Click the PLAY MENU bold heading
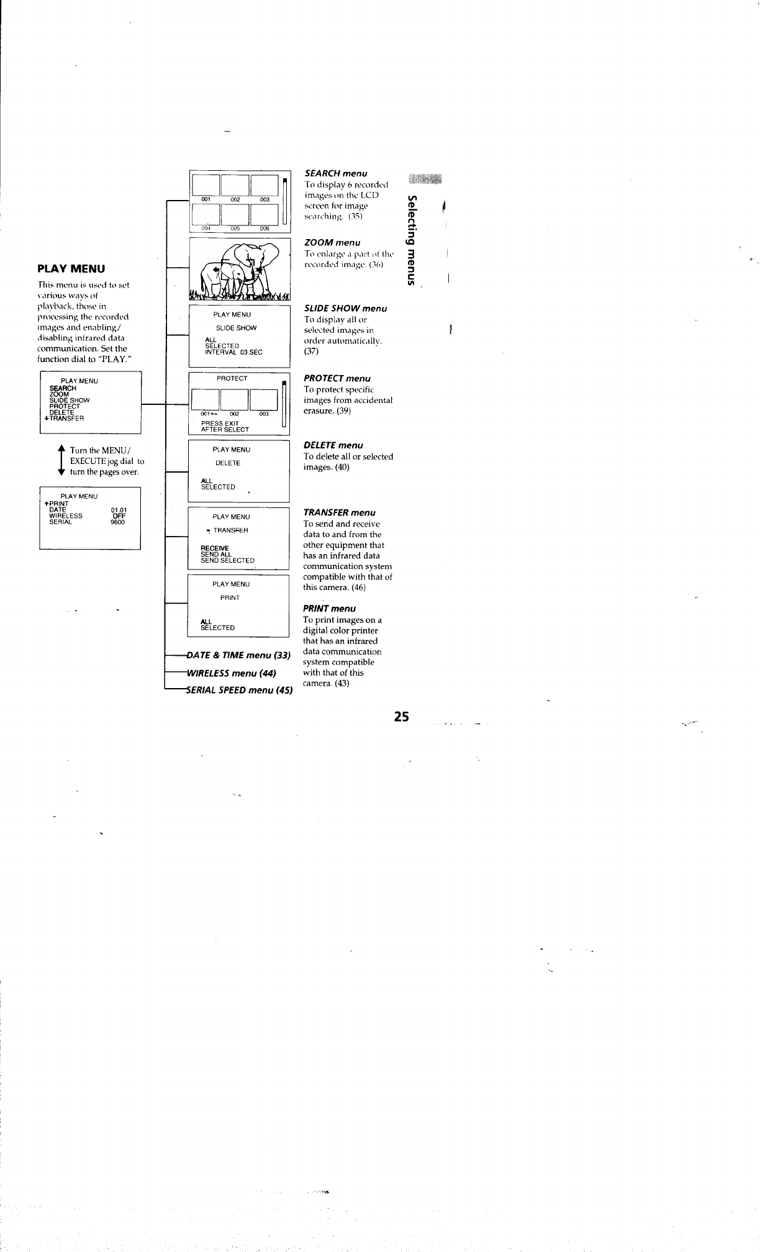point(71,268)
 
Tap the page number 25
point(401,716)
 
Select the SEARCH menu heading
point(335,173)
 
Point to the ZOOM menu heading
point(332,242)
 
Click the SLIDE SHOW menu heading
point(345,309)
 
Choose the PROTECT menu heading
point(337,378)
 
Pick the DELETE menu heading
point(333,445)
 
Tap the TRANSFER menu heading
point(339,512)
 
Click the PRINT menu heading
point(329,609)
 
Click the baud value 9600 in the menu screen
point(117,522)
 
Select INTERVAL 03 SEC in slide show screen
point(233,352)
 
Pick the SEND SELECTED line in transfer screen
point(227,560)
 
